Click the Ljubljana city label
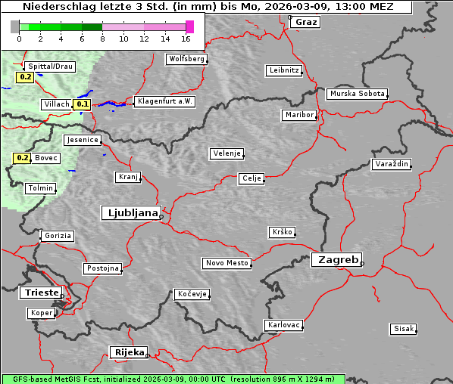pos(130,213)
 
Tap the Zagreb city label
pos(336,259)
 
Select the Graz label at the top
pos(306,22)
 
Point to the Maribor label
pos(299,115)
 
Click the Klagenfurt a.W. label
pos(164,101)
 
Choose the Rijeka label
pos(129,352)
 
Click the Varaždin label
pos(392,164)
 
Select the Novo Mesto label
pos(227,263)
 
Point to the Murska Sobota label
pos(357,94)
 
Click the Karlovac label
pos(284,325)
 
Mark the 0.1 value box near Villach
pos(83,104)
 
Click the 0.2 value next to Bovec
pos(22,158)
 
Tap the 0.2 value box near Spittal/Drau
pos(25,76)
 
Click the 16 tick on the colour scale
pos(186,39)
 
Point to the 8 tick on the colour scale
pos(102,39)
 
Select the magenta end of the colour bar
pos(189,26)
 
